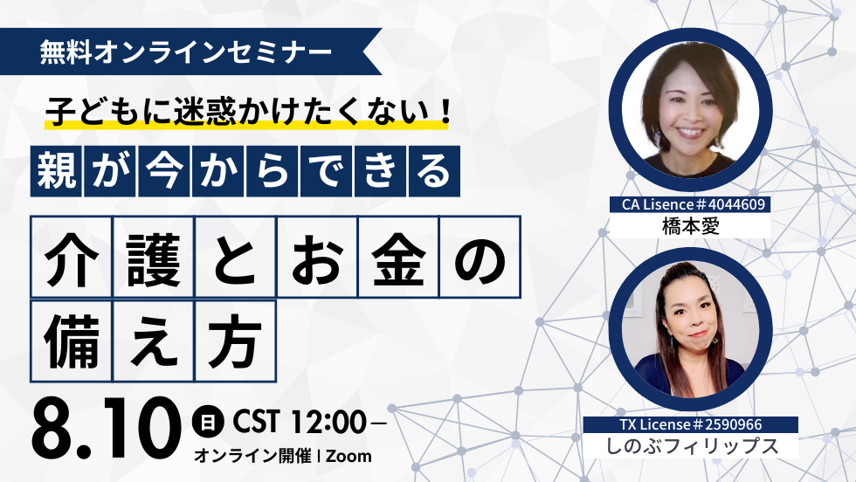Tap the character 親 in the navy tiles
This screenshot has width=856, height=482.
coord(56,171)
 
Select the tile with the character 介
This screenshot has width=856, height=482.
coord(72,257)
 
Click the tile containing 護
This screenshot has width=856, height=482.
coord(154,257)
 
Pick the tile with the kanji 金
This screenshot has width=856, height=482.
coord(398,257)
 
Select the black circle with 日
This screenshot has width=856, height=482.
coord(208,422)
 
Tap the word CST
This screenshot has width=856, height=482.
coord(256,422)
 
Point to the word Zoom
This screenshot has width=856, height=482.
coord(349,457)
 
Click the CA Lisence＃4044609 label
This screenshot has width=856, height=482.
coord(690,204)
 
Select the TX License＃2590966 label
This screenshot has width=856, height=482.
coord(691,424)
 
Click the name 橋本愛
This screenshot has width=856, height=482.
coord(690,225)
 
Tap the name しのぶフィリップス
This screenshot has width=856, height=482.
coord(692,446)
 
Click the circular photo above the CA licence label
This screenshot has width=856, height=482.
coord(691,110)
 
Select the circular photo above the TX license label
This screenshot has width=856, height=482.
coord(691,329)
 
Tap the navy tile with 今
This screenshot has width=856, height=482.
coord(164,171)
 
